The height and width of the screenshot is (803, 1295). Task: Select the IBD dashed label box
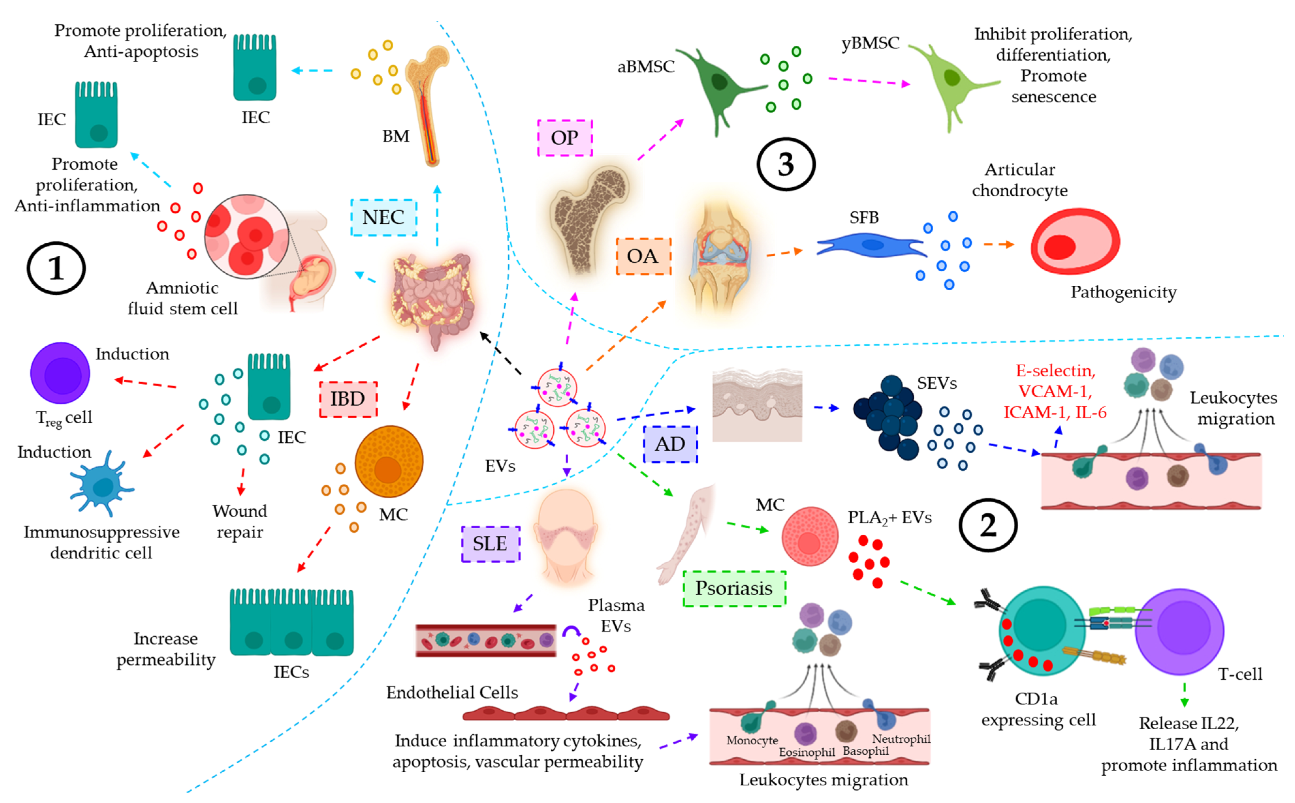(x=348, y=399)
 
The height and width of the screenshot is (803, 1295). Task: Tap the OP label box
(x=564, y=138)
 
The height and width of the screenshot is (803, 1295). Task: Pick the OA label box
(x=643, y=256)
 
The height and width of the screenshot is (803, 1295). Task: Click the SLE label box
(x=490, y=543)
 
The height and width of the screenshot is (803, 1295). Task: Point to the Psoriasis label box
(x=734, y=588)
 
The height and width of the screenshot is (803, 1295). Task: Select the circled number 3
(x=785, y=165)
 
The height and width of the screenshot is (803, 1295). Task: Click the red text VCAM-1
(x=1055, y=391)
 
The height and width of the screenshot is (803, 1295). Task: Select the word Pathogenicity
(x=1123, y=292)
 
